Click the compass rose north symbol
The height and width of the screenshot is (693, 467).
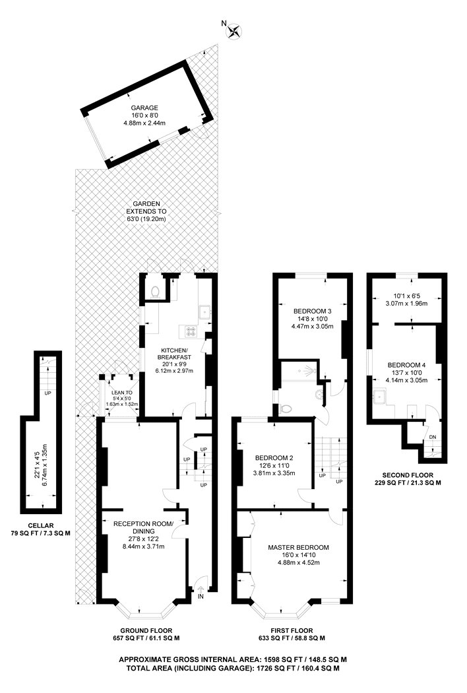tap(235, 31)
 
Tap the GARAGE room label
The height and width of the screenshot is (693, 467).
tap(144, 108)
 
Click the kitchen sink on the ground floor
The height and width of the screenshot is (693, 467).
tap(205, 312)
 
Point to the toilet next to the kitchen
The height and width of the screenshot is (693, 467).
tap(154, 292)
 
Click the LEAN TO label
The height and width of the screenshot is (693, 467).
tap(122, 393)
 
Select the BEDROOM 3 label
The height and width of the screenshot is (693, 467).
tap(313, 311)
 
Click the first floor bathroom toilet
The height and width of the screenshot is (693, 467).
tap(286, 409)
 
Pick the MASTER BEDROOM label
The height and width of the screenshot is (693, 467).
tap(298, 547)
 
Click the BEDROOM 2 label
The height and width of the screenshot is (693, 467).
tap(274, 458)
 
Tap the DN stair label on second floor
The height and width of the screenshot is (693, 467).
tap(433, 437)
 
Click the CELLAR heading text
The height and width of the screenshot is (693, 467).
tap(41, 525)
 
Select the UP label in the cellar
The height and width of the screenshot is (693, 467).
tap(47, 393)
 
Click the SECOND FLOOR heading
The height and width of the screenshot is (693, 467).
tap(408, 475)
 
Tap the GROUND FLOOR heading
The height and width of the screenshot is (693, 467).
tap(146, 631)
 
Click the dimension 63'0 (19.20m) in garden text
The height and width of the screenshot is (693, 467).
tap(146, 219)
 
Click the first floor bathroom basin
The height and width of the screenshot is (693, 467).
tap(319, 393)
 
